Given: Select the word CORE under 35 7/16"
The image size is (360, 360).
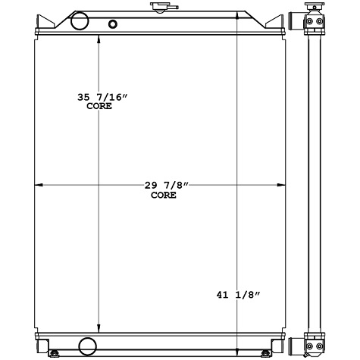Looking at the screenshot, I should [x=99, y=106].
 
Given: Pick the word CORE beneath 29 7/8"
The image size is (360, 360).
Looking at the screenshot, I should [x=163, y=195].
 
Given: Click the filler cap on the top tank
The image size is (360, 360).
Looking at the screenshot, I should [x=160, y=8].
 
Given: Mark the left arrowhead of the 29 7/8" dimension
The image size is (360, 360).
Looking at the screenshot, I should [x=40, y=185].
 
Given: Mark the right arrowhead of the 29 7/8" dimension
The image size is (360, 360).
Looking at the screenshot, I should [x=283, y=185].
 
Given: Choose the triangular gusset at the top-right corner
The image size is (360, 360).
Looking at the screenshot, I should [x=277, y=23].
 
